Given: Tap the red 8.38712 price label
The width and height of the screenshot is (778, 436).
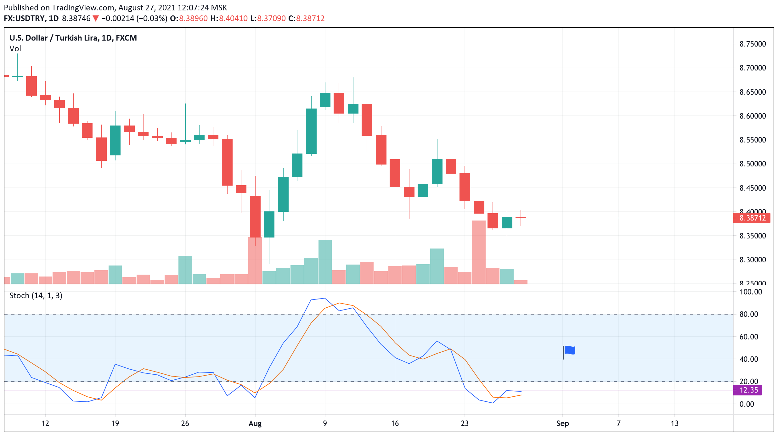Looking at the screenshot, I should click(x=752, y=218).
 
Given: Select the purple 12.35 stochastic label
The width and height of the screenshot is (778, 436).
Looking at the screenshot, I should click(x=748, y=390).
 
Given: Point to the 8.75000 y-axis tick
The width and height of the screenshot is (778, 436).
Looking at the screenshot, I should click(x=753, y=44).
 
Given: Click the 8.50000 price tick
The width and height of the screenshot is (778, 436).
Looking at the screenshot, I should click(x=753, y=164).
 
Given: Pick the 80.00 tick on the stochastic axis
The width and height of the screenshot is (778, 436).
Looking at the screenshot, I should click(x=749, y=314).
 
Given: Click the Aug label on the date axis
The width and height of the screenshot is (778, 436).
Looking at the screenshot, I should click(x=255, y=423).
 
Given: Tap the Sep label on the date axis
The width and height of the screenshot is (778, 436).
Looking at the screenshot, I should click(x=562, y=423).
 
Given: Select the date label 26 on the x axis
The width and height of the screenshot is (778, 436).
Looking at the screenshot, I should click(x=185, y=423).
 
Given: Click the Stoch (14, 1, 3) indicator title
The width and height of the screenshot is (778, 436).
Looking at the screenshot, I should click(x=36, y=296).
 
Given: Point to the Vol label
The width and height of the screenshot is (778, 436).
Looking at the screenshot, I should click(x=15, y=49).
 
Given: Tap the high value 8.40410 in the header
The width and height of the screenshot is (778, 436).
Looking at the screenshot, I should click(x=233, y=19).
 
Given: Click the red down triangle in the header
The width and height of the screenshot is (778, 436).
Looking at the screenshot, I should click(x=96, y=19).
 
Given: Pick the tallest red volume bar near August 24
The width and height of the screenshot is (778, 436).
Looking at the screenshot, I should click(x=479, y=252).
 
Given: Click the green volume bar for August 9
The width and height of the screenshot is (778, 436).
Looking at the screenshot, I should click(x=325, y=262).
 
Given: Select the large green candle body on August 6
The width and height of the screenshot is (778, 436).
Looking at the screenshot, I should click(x=311, y=131).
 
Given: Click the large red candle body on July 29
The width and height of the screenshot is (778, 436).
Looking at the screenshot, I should click(x=227, y=162).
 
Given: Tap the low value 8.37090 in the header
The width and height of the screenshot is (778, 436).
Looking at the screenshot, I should click(x=271, y=19).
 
